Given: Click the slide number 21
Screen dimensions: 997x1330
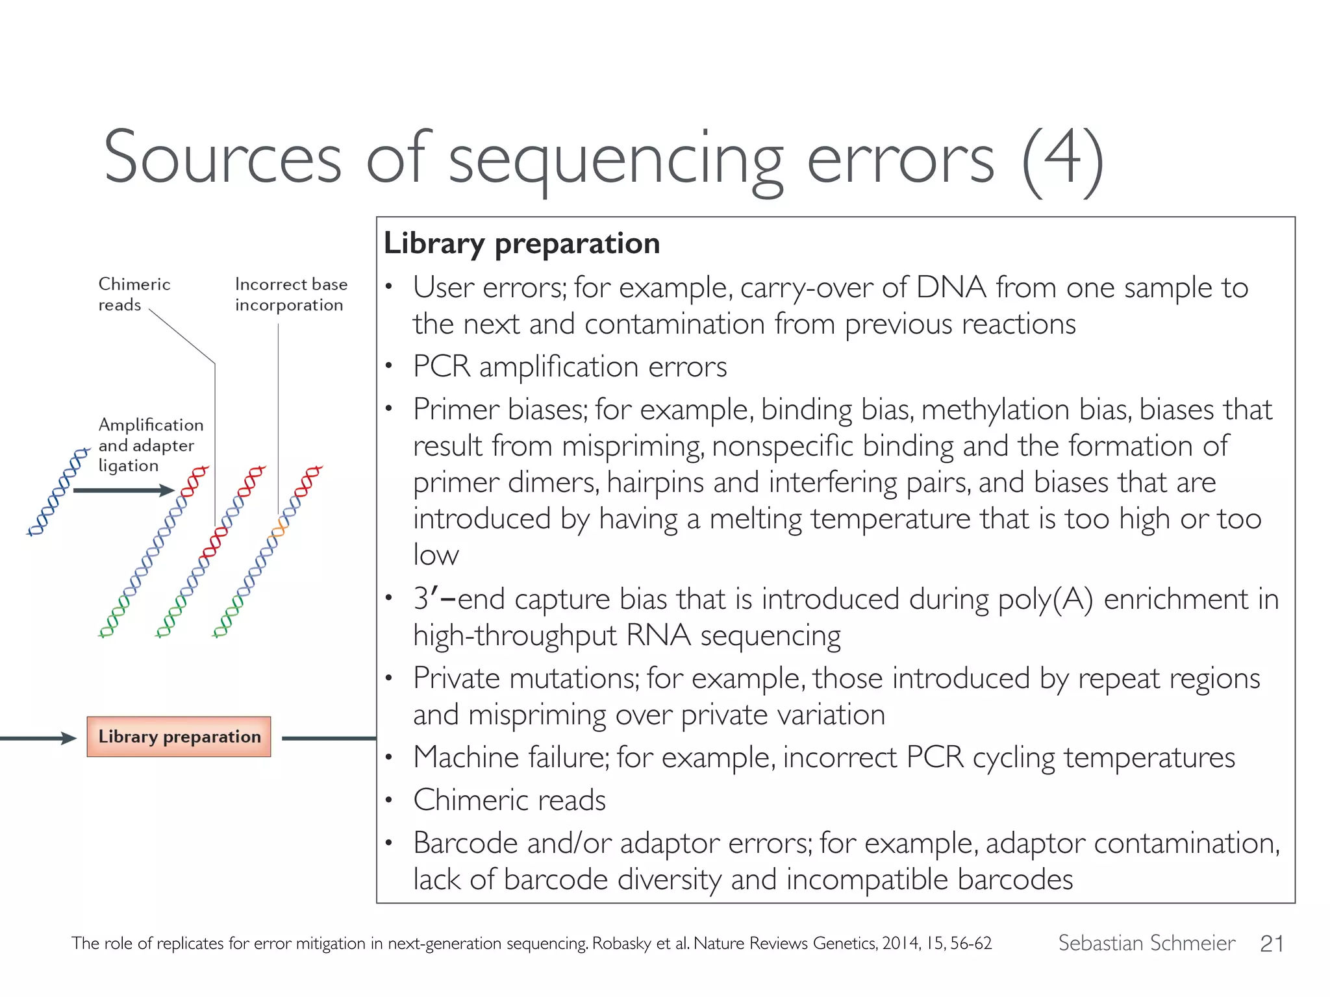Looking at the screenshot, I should click(1271, 943).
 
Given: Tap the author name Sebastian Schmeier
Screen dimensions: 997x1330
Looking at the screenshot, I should click(1146, 942).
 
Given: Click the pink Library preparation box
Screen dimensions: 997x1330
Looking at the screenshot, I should click(179, 737).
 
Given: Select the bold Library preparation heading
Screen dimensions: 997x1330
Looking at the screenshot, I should click(521, 243).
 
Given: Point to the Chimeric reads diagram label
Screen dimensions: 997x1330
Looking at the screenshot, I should click(134, 294).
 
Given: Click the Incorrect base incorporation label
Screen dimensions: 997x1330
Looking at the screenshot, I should click(290, 294).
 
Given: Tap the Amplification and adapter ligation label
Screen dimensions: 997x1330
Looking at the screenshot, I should click(150, 445).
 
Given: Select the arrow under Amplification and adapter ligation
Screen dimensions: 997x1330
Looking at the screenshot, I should click(123, 490).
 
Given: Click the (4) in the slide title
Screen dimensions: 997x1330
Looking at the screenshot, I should click(1062, 159).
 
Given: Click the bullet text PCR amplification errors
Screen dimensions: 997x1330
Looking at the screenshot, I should click(570, 367).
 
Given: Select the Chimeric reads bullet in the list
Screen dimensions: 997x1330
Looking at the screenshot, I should click(509, 800).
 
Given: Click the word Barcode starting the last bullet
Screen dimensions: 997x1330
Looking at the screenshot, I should click(465, 843).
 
